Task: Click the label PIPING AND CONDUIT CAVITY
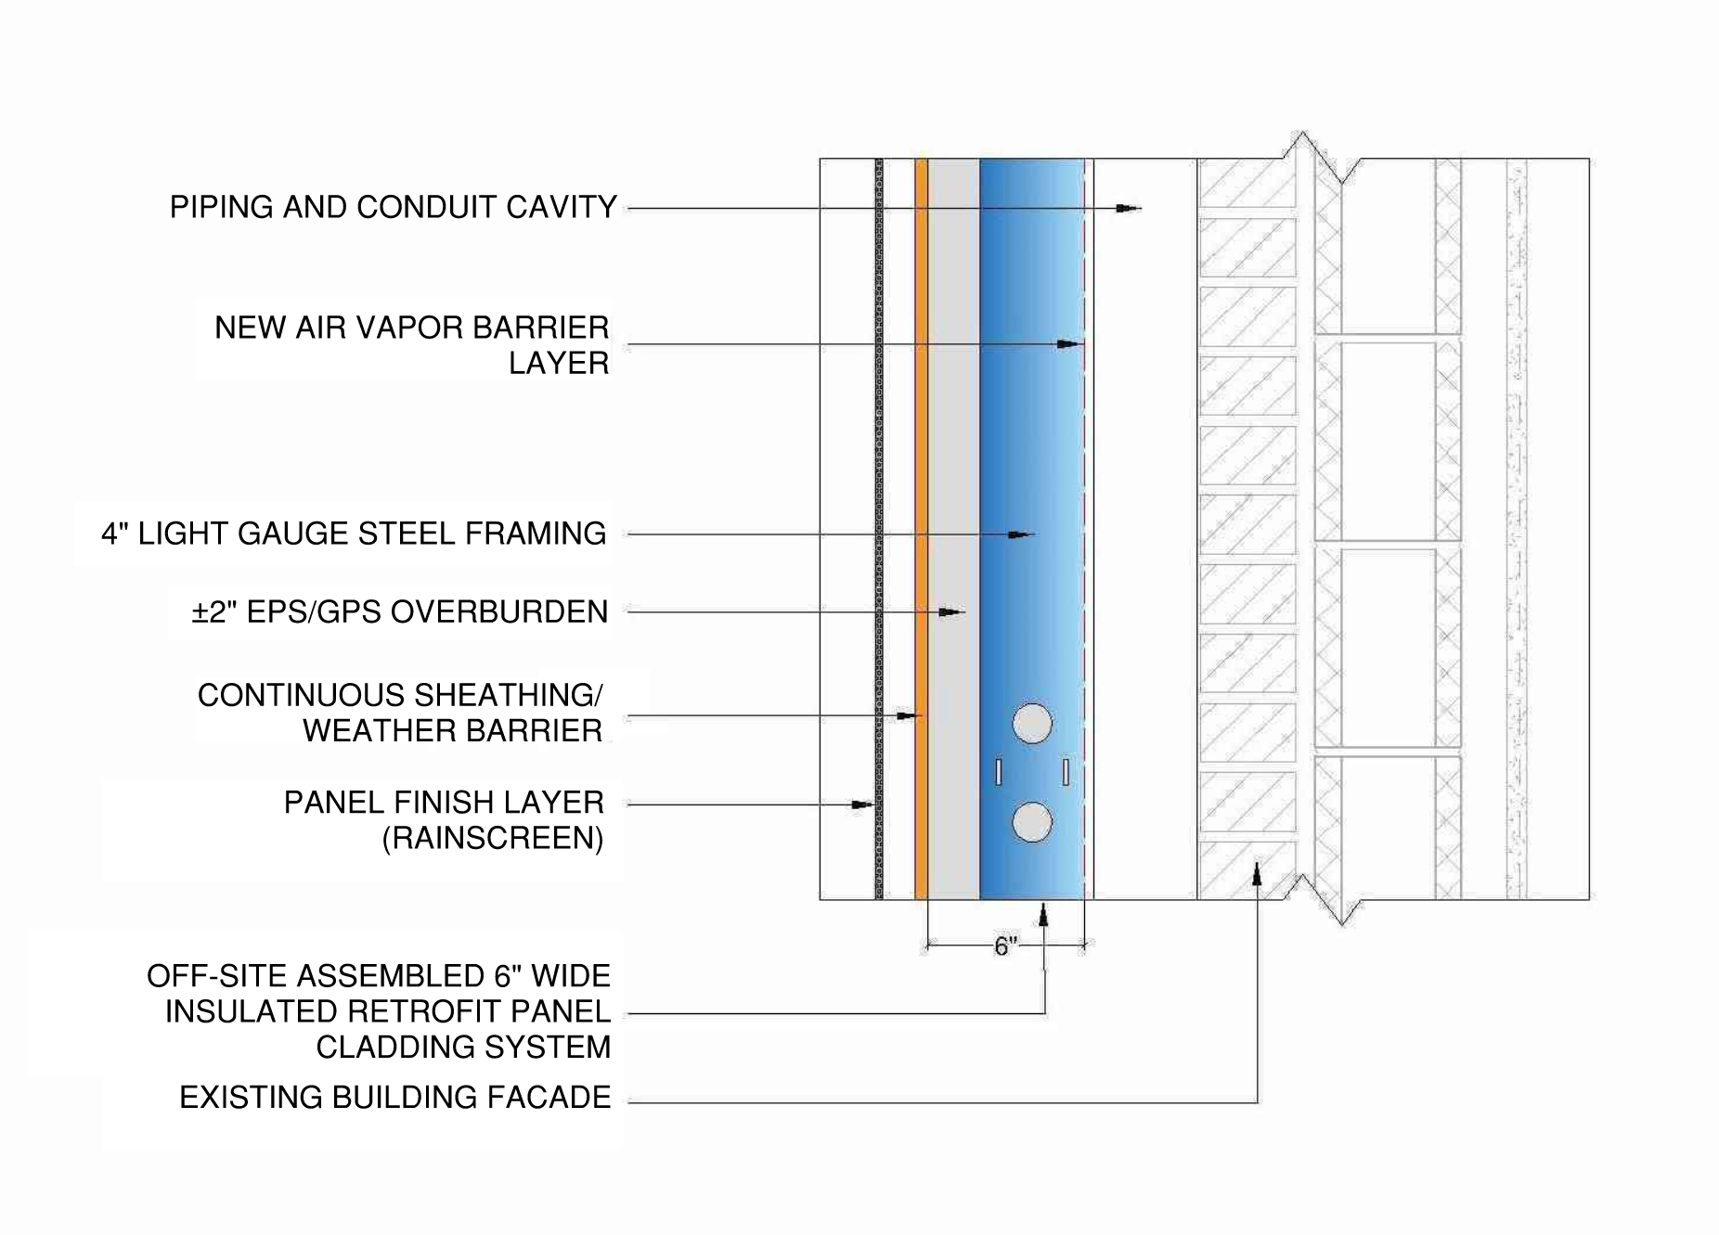click(393, 207)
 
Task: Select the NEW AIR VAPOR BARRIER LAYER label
click(411, 344)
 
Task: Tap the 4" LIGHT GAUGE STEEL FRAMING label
click(354, 534)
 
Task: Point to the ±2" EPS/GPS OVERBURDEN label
click(399, 611)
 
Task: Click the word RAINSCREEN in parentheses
click(493, 838)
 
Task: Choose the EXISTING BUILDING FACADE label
click(394, 1097)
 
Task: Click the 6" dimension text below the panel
click(1005, 946)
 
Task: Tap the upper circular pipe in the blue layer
click(1031, 724)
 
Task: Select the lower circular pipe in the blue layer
click(1031, 822)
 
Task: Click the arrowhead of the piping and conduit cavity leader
click(1129, 209)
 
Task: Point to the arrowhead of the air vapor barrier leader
click(1069, 344)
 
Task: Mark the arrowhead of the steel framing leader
click(1022, 534)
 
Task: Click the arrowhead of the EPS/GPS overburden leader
click(951, 612)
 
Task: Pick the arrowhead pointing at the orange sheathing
click(908, 715)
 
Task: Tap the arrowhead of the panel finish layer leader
click(863, 804)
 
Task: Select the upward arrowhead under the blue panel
click(1044, 915)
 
